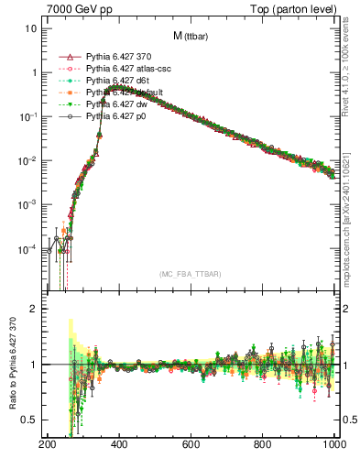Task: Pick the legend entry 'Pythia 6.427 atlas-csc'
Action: (x=128, y=69)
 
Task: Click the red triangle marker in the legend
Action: (x=65, y=57)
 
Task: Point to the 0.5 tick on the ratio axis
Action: (x=29, y=420)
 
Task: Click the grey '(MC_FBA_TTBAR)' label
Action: (x=191, y=274)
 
